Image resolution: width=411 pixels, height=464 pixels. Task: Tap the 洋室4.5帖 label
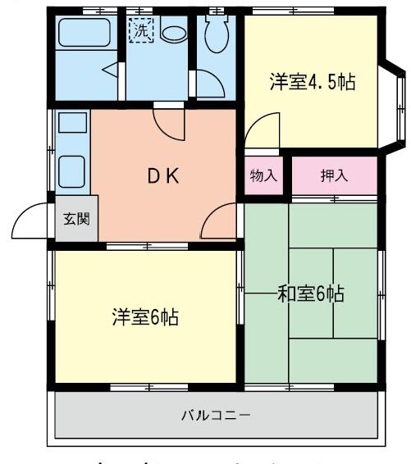point(313,82)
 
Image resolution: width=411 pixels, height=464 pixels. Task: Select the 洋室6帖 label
point(145,316)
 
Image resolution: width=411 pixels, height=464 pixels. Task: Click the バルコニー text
point(217,415)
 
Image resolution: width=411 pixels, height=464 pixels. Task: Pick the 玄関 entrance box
point(76,219)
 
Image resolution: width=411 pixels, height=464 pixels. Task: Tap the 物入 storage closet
point(263,175)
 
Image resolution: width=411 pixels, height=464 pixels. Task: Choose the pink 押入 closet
point(332,175)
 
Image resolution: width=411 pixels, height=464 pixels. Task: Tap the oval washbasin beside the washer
point(173,34)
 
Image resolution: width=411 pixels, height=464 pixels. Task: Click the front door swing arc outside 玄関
point(33,220)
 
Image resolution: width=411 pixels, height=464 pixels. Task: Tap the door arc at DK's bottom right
point(219,222)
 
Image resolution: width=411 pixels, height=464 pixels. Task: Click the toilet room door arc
point(208,84)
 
